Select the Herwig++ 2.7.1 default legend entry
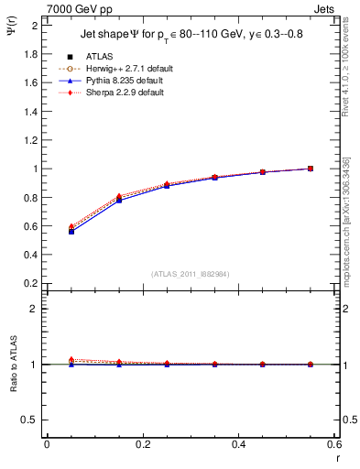pyautogui.click(x=119, y=69)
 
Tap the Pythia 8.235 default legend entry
pyautogui.click(x=116, y=80)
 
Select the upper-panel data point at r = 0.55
pyautogui.click(x=311, y=169)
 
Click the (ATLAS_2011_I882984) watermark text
pyautogui.click(x=191, y=273)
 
